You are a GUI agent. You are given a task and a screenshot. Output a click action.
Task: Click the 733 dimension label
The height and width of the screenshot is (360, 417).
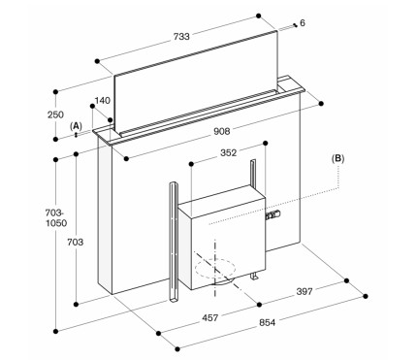[x=181, y=37]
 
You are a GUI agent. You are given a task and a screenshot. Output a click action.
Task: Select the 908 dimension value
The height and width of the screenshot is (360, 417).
[x=222, y=131]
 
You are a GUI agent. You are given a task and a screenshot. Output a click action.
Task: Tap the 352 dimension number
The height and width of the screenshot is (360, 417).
[x=229, y=152]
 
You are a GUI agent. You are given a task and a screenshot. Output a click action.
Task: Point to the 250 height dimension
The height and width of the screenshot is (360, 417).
[x=55, y=115]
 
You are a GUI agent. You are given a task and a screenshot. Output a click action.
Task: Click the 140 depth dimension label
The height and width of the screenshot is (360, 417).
[x=103, y=101]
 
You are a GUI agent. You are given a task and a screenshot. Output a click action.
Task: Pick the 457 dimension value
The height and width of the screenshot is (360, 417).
[x=210, y=317]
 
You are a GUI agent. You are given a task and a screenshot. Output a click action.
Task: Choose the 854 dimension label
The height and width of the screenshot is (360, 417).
[x=268, y=322]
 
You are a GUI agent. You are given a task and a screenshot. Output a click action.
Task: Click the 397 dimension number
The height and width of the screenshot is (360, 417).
[x=305, y=291]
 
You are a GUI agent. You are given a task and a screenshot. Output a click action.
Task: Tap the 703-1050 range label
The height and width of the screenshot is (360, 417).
[x=56, y=218]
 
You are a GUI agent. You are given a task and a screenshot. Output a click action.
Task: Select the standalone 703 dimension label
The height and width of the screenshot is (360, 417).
[x=76, y=242]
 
